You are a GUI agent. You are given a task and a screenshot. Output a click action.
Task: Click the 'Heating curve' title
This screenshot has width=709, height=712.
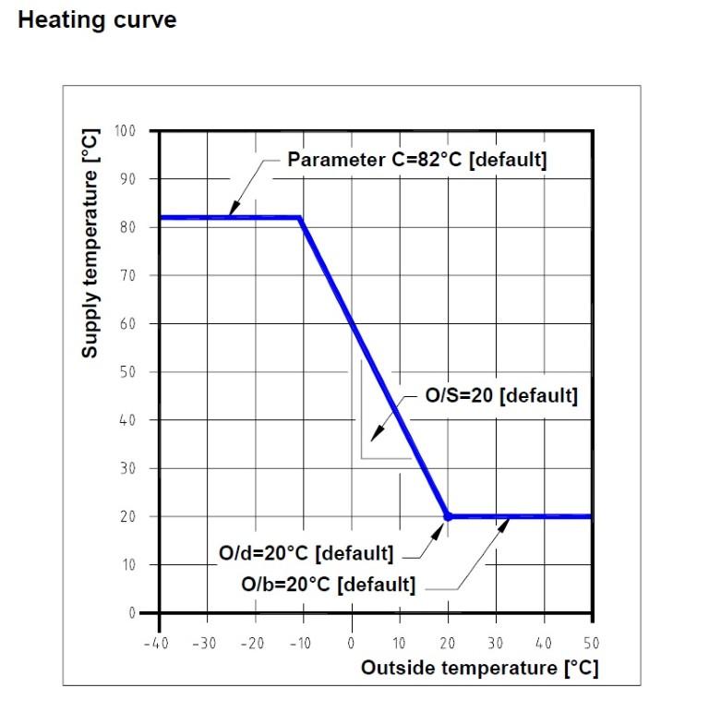(x=97, y=19)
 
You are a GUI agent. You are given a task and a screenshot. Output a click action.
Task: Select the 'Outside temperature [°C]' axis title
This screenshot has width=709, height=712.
(x=479, y=668)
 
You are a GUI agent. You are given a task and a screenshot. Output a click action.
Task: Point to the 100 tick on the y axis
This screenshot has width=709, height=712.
(x=125, y=130)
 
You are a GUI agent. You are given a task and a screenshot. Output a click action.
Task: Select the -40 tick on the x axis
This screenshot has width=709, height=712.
(x=155, y=644)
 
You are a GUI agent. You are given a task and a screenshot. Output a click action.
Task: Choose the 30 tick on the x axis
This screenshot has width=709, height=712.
(x=495, y=644)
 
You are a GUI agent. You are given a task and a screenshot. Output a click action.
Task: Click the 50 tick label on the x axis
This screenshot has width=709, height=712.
(x=591, y=644)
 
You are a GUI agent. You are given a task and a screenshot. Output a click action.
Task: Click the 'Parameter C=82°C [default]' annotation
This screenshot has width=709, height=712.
(x=417, y=160)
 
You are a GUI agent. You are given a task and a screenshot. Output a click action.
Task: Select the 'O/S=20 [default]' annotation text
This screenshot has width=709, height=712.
(x=500, y=396)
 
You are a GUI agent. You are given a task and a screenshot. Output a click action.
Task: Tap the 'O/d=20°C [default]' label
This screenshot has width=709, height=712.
(x=306, y=554)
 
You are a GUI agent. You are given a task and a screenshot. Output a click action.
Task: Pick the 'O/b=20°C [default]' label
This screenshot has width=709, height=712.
(x=328, y=585)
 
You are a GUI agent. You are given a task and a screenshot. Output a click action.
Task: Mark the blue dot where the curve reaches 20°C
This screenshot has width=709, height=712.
(x=448, y=516)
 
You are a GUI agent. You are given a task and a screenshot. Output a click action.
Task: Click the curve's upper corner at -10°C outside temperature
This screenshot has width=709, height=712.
(x=300, y=218)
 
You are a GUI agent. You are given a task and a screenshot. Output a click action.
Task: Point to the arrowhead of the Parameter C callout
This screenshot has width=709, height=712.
(x=231, y=213)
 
